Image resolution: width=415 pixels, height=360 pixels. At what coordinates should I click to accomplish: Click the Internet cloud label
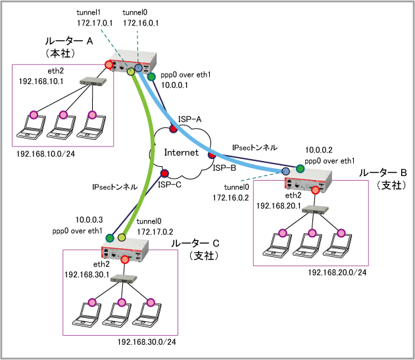[181, 154]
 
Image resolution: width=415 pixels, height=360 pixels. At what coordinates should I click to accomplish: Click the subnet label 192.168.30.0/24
[147, 342]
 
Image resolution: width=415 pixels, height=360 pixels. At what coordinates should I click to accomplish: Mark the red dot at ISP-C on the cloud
[164, 174]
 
